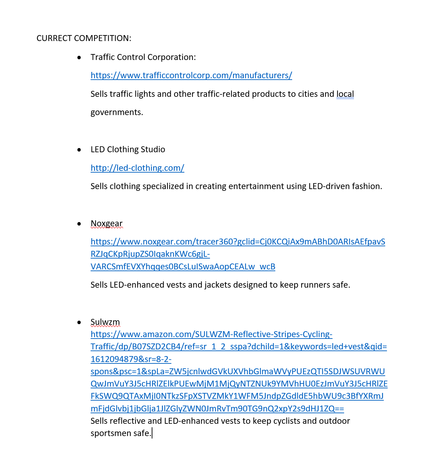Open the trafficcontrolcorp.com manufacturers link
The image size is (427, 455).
pyautogui.click(x=191, y=75)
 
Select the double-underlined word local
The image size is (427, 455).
pyautogui.click(x=345, y=94)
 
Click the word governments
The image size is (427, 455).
pyautogui.click(x=117, y=112)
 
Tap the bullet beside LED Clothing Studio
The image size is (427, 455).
pyautogui.click(x=79, y=150)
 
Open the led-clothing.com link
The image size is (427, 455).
pyautogui.click(x=137, y=168)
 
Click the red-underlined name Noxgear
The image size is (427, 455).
pyautogui.click(x=106, y=223)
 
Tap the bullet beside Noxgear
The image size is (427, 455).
pyautogui.click(x=79, y=224)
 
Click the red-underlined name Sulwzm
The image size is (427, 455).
pyautogui.click(x=105, y=322)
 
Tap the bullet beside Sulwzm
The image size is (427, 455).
pyautogui.click(x=79, y=322)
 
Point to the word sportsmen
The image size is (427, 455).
pyautogui.click(x=111, y=433)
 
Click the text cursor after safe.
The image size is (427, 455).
pyautogui.click(x=152, y=433)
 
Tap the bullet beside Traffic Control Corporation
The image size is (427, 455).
pyautogui.click(x=79, y=58)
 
